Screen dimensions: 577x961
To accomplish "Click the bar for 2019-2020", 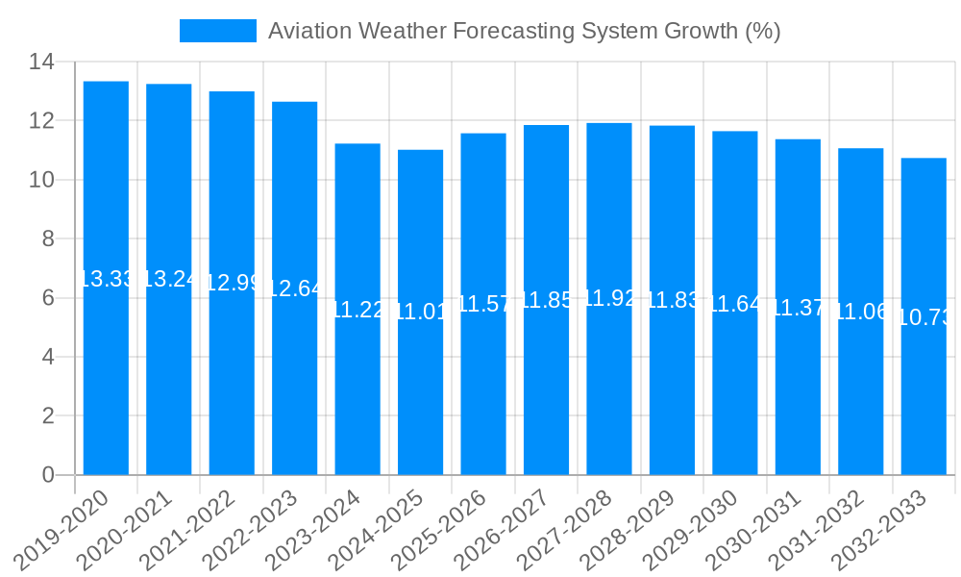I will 106,279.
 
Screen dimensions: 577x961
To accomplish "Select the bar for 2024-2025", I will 421,313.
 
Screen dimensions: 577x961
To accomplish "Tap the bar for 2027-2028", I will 609,299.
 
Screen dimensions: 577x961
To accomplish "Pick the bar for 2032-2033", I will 924,316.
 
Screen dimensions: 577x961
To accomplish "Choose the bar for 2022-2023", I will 295,288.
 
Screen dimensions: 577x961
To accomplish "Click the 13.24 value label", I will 169,280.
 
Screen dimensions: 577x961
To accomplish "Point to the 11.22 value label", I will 357,310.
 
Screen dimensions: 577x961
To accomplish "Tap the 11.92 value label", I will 609,298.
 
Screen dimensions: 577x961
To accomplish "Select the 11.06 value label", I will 861,312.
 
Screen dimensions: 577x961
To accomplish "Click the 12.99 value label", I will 232,284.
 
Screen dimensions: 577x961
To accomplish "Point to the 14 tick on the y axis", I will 41,63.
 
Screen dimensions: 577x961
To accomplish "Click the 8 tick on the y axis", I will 47,239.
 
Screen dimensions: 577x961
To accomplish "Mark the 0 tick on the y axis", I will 47,475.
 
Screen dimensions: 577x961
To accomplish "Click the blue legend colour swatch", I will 218,31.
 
